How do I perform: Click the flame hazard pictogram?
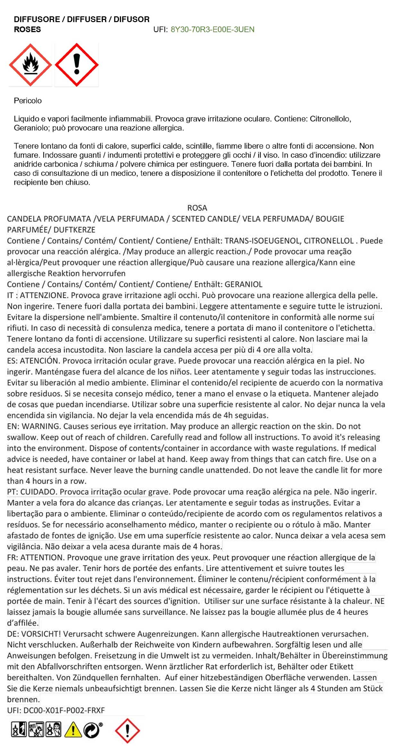pyautogui.click(x=30, y=65)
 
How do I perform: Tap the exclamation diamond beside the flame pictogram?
pyautogui.click(x=76, y=65)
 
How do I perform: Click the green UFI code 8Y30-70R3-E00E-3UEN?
pyautogui.click(x=212, y=29)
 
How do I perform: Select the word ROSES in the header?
pyautogui.click(x=27, y=29)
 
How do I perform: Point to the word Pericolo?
pyautogui.click(x=28, y=101)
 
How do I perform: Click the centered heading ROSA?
pyautogui.click(x=197, y=208)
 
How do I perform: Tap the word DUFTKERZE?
pyautogui.click(x=74, y=230)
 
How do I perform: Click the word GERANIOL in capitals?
pyautogui.click(x=243, y=284)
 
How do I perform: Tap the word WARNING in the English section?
pyautogui.click(x=41, y=426)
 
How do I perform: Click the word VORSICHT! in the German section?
pyautogui.click(x=41, y=634)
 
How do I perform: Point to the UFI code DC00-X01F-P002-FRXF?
pyautogui.click(x=64, y=710)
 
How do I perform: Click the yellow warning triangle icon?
pyautogui.click(x=73, y=730)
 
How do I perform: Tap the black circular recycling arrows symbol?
pyautogui.click(x=92, y=730)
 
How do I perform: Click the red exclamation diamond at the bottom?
pyautogui.click(x=127, y=730)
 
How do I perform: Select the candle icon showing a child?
pyautogui.click(x=53, y=730)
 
